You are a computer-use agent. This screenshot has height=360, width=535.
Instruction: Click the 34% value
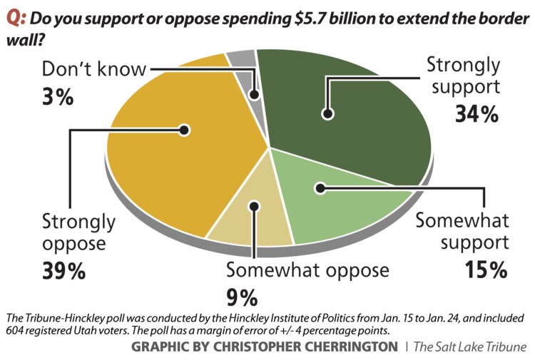point(476,114)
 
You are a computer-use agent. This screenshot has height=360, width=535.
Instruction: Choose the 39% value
point(63,271)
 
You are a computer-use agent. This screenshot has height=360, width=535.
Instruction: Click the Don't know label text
point(93,70)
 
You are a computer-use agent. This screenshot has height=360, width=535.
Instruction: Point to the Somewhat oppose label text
point(307,270)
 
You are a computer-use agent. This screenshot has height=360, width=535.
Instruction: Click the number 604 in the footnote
point(16,329)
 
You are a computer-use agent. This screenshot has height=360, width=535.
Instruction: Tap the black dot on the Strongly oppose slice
point(184,130)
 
